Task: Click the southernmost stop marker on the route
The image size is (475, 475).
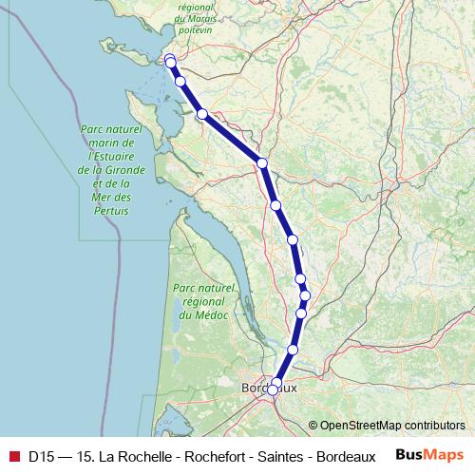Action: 273,389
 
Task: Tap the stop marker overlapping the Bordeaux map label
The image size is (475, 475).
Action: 276,383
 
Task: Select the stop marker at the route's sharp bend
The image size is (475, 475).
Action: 262,163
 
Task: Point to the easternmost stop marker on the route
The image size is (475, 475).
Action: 305,294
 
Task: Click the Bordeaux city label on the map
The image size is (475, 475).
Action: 270,389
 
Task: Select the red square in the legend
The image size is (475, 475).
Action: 13,456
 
